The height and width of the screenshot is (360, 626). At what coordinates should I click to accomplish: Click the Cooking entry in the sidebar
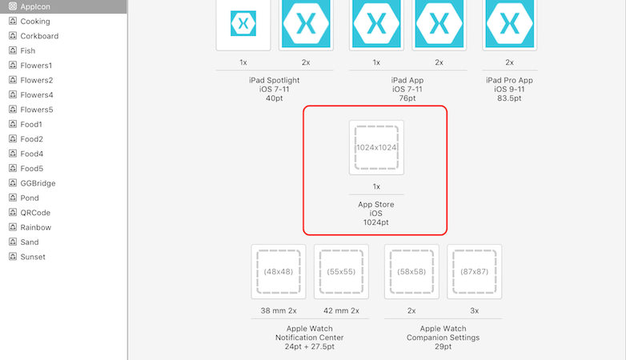34,21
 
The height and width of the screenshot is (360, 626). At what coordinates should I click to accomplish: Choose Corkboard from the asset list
39,36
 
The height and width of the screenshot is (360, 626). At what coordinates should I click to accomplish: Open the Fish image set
28,50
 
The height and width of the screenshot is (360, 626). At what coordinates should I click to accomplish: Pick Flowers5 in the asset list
37,110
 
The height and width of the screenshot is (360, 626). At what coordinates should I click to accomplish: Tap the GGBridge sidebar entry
38,183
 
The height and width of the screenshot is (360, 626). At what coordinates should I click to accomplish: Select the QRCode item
35,213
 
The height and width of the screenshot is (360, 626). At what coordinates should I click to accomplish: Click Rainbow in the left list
35,227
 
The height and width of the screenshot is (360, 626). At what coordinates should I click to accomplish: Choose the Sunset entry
33,257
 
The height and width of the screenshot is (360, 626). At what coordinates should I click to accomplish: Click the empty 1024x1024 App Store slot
376,147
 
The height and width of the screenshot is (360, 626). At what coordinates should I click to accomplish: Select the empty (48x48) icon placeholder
278,271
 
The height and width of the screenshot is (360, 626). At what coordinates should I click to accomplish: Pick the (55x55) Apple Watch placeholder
341,271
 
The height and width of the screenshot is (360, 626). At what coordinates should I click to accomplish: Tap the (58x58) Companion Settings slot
411,271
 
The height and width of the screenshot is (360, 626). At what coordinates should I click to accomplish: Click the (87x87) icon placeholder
474,271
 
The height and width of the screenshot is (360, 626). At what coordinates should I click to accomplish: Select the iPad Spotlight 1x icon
243,24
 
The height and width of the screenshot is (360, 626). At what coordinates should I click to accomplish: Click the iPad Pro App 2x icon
509,24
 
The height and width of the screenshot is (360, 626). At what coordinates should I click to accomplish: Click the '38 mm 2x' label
278,310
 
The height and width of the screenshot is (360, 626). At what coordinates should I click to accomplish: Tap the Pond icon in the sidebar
13,198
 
